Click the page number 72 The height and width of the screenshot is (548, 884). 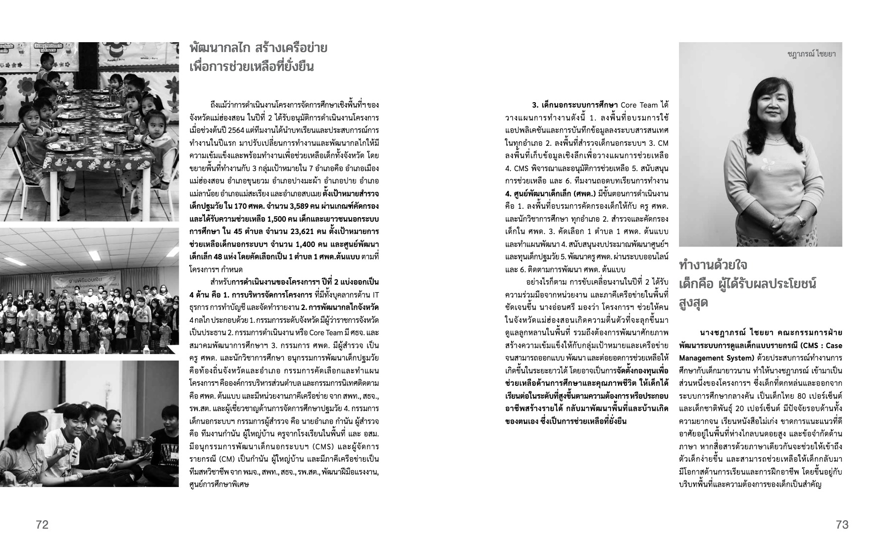pyautogui.click(x=42, y=525)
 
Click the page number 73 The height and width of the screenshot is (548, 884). pyautogui.click(x=842, y=525)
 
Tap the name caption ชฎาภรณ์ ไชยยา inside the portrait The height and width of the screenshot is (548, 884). pyautogui.click(x=811, y=54)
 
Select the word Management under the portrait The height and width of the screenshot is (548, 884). pyautogui.click(x=703, y=358)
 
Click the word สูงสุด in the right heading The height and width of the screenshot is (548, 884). pyautogui.click(x=693, y=302)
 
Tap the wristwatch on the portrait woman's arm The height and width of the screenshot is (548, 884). pyautogui.click(x=799, y=219)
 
